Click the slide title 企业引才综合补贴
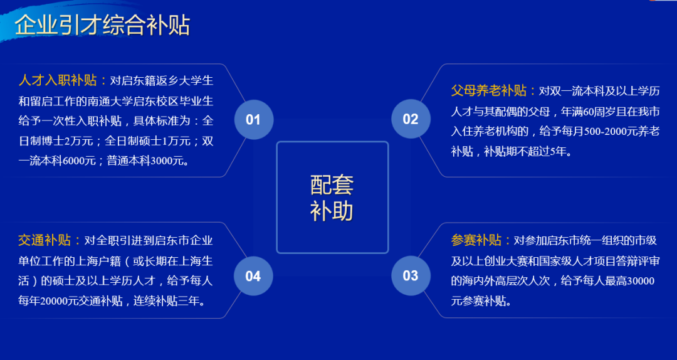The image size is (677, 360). (102, 26)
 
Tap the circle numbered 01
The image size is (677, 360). (253, 119)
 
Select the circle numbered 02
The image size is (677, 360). (411, 119)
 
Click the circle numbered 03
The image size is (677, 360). (411, 276)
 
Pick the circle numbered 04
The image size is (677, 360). (253, 276)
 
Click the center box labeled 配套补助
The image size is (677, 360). (332, 197)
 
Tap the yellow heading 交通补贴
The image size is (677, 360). (45, 241)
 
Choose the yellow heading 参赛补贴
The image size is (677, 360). (477, 241)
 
